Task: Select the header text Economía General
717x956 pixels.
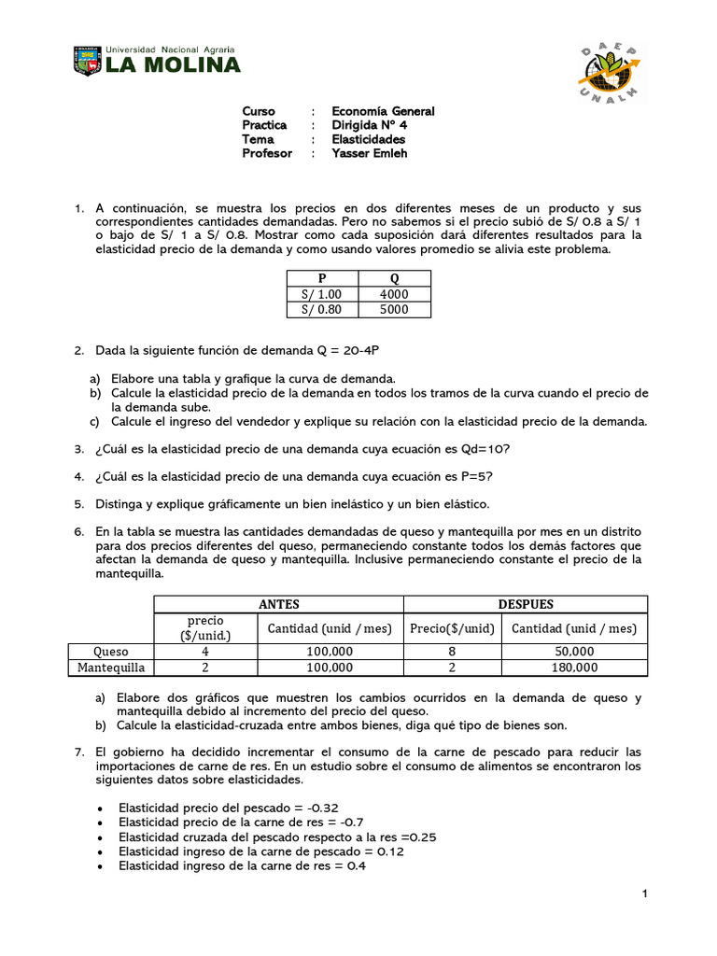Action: [x=383, y=111]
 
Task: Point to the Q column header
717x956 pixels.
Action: [x=394, y=278]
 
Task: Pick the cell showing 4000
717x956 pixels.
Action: [x=394, y=294]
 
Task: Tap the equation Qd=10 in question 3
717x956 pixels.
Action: [x=485, y=450]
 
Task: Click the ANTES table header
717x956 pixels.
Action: [x=279, y=604]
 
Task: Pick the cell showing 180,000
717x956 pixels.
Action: [x=574, y=668]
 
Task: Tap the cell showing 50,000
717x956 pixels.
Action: [x=574, y=651]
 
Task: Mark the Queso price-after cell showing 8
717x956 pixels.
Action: [x=453, y=651]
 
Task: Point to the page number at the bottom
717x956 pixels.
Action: [x=644, y=895]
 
